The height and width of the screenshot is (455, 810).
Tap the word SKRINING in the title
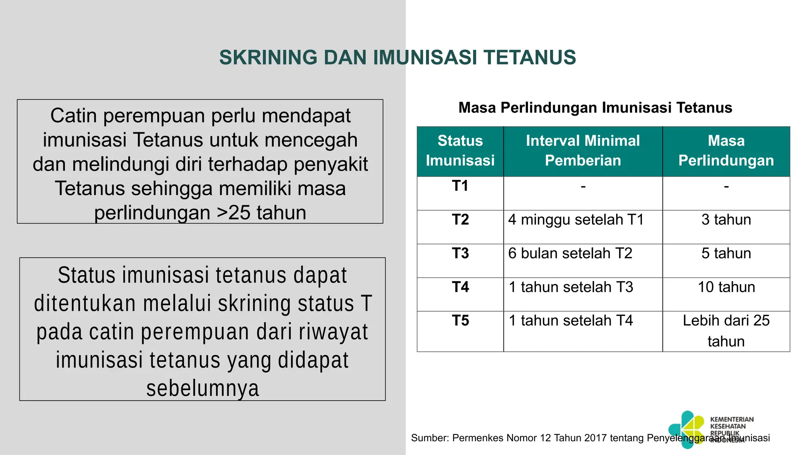point(268,58)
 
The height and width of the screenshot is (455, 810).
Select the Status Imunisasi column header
point(460,151)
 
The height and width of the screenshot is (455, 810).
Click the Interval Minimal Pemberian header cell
point(583,151)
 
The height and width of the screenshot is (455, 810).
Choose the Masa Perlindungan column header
point(726,151)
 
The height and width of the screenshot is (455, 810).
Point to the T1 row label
point(460,186)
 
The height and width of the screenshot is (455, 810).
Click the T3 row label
point(460,254)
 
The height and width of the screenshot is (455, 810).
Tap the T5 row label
point(460,321)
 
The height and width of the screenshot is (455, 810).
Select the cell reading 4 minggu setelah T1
point(576,220)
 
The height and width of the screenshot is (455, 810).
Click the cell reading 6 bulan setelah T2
point(570,254)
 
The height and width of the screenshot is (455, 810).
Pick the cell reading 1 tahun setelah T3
point(571,287)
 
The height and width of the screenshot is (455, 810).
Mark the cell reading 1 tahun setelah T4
point(571,321)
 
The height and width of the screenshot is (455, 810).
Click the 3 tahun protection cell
point(726,220)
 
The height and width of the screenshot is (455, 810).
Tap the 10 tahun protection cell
point(726,287)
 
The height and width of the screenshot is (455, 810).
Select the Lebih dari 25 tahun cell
point(726,331)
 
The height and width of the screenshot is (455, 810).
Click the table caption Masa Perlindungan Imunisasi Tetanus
point(595,108)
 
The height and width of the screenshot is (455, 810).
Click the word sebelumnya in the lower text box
point(202,389)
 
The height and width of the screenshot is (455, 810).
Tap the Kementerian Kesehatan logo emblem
point(687,429)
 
